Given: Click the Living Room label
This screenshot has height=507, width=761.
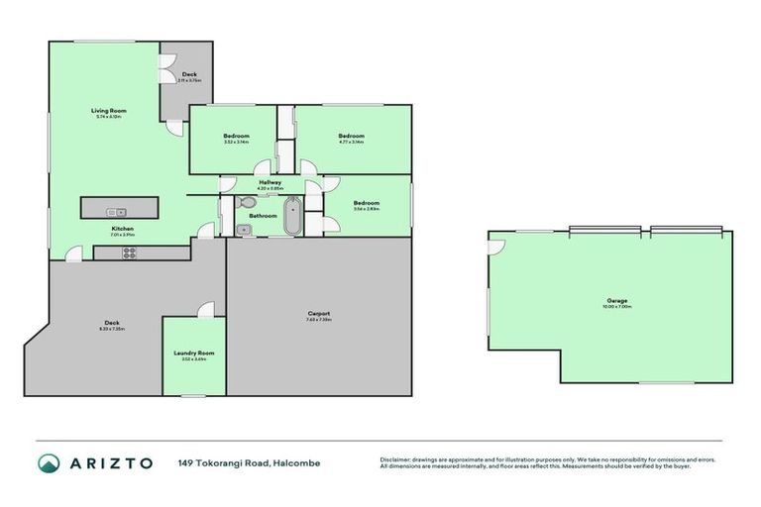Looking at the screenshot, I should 110,111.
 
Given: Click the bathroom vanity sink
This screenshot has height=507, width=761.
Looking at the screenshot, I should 244,230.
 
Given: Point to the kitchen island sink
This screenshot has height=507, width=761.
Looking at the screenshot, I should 118,211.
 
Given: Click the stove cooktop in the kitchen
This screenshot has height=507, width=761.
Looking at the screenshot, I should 129,252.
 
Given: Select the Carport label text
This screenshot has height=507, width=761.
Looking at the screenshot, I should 318,314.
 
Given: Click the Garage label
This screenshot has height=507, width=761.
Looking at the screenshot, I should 617,300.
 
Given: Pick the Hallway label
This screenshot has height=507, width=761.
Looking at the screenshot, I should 271,182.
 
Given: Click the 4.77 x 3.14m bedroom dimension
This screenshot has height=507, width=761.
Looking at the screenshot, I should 352,142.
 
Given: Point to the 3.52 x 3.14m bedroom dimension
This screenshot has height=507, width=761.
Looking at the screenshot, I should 236,142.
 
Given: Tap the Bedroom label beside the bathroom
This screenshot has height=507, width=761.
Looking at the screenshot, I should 367,203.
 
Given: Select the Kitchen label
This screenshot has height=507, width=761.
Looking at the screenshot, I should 122,229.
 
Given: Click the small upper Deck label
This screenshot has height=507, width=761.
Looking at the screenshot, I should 188,74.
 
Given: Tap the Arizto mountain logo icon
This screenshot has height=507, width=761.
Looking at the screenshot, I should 49,462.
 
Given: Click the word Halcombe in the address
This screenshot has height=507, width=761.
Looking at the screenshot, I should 299,462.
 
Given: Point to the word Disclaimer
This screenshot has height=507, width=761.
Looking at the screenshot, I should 396,459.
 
